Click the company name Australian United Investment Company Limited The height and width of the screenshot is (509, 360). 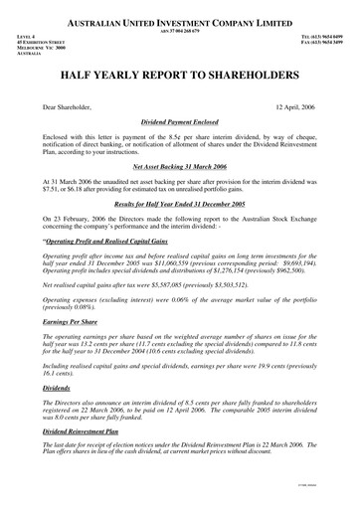[180, 20]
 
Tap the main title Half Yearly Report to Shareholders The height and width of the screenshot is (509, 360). [180, 76]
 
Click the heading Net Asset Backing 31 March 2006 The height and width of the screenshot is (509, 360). [180, 169]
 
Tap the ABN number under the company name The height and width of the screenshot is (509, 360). [180, 29]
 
